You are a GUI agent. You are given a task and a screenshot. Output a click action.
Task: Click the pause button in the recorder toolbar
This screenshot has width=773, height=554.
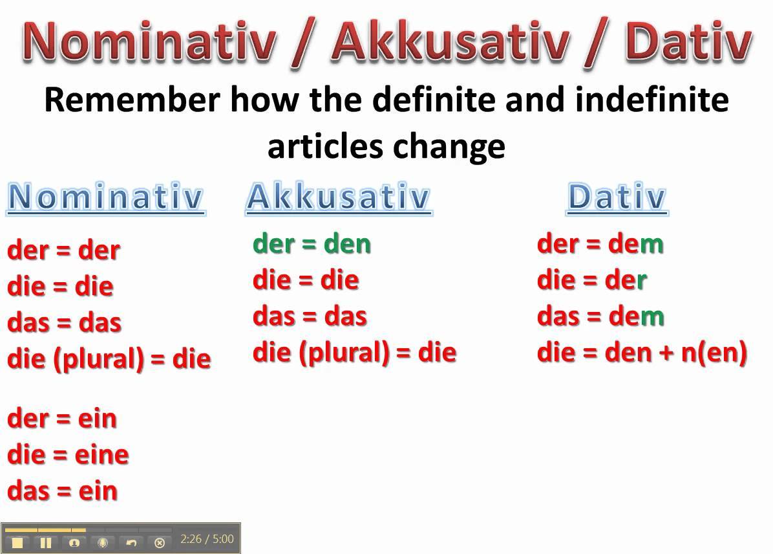click(x=46, y=542)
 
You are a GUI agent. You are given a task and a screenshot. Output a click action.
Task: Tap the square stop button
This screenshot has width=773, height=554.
click(x=17, y=542)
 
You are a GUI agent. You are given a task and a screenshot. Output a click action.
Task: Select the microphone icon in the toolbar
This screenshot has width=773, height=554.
click(x=102, y=542)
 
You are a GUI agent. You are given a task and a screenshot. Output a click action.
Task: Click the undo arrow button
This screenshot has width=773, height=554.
click(x=131, y=542)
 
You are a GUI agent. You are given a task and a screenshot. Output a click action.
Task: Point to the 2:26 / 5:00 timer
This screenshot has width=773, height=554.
click(x=207, y=539)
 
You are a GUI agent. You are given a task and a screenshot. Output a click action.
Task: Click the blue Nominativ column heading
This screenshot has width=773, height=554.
click(x=106, y=197)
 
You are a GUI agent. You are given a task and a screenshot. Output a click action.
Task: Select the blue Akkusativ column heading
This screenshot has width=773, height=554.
click(x=338, y=197)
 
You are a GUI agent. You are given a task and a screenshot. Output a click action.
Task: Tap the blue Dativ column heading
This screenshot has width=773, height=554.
click(x=616, y=197)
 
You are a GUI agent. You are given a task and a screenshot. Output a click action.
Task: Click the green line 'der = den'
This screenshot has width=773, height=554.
click(x=312, y=244)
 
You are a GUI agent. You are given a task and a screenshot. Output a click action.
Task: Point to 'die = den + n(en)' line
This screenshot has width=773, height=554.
click(x=642, y=353)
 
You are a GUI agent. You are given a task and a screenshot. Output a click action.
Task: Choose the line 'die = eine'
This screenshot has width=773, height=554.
click(x=68, y=454)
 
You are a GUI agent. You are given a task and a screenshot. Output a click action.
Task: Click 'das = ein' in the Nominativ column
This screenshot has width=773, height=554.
click(x=62, y=491)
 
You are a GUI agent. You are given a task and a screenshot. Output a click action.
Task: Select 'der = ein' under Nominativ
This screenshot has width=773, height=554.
click(x=62, y=418)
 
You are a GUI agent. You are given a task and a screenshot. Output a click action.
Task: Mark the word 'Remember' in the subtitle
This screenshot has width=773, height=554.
click(x=132, y=100)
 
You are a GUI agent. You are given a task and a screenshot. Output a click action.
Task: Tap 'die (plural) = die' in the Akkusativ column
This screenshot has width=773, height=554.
click(x=354, y=353)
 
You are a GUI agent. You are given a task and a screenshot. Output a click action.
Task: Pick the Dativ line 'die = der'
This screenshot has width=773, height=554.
click(x=591, y=280)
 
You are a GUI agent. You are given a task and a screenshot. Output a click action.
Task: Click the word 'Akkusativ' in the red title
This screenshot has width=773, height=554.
click(x=452, y=42)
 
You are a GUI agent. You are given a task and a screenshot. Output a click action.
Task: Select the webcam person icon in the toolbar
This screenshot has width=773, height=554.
click(x=74, y=542)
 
